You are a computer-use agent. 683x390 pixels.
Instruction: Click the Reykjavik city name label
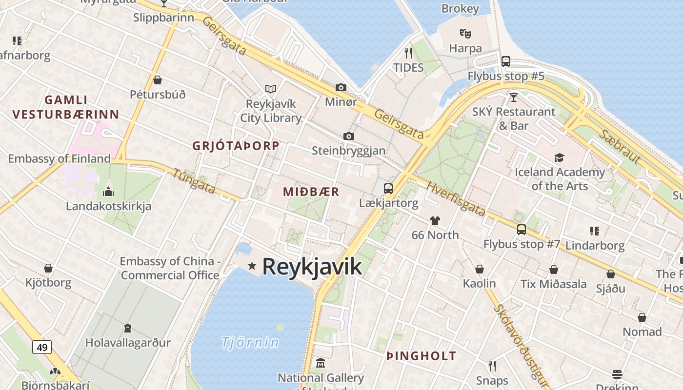pyautogui.click(x=312, y=267)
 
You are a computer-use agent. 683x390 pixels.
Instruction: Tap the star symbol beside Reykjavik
pyautogui.click(x=252, y=266)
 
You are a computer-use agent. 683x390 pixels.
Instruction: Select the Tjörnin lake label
pyautogui.click(x=250, y=342)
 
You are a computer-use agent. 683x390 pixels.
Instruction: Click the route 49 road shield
pyautogui.click(x=42, y=347)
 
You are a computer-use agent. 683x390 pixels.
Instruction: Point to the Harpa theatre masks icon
pyautogui.click(x=465, y=34)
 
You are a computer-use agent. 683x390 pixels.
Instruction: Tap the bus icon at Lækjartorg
pyautogui.click(x=388, y=188)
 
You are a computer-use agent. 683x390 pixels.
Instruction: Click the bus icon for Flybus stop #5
pyautogui.click(x=506, y=61)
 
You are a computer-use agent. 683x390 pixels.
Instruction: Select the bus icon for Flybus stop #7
pyautogui.click(x=522, y=229)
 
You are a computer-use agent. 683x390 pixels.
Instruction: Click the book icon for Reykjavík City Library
pyautogui.click(x=271, y=89)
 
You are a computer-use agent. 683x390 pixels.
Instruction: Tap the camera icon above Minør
pyautogui.click(x=341, y=87)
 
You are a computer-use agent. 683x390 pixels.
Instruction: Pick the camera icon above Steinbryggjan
pyautogui.click(x=348, y=136)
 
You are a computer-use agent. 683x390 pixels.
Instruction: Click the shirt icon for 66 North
pyautogui.click(x=435, y=220)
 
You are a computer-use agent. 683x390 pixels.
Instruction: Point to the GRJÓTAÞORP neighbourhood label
pyautogui.click(x=236, y=146)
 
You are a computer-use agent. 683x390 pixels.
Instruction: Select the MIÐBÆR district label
pyautogui.click(x=311, y=192)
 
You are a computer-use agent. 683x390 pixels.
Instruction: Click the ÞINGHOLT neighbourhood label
pyautogui.click(x=421, y=356)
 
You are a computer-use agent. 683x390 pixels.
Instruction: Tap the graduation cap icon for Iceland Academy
pyautogui.click(x=559, y=157)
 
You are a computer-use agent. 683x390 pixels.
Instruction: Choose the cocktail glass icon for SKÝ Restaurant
pyautogui.click(x=513, y=97)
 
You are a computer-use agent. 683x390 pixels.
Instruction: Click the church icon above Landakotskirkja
pyautogui.click(x=108, y=192)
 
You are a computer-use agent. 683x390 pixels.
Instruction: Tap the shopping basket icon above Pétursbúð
pyautogui.click(x=157, y=80)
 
